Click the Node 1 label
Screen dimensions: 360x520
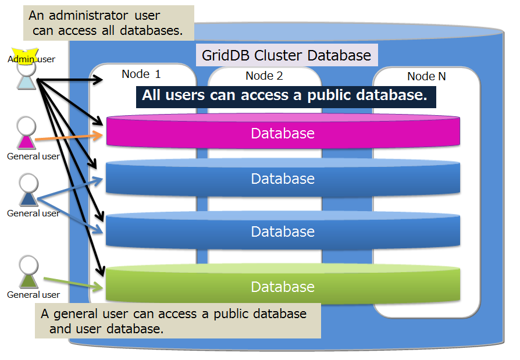141,74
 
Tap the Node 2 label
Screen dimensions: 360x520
264,76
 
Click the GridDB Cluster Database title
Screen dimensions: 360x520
286,56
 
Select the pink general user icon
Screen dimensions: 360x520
26,133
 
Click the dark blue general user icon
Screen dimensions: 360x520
27,191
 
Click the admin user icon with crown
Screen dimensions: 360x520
26,73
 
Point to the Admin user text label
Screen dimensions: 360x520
31,59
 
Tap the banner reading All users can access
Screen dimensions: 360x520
286,95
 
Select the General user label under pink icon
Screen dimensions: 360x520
33,156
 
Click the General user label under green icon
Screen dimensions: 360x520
33,294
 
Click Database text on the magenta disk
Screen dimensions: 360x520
283,133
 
